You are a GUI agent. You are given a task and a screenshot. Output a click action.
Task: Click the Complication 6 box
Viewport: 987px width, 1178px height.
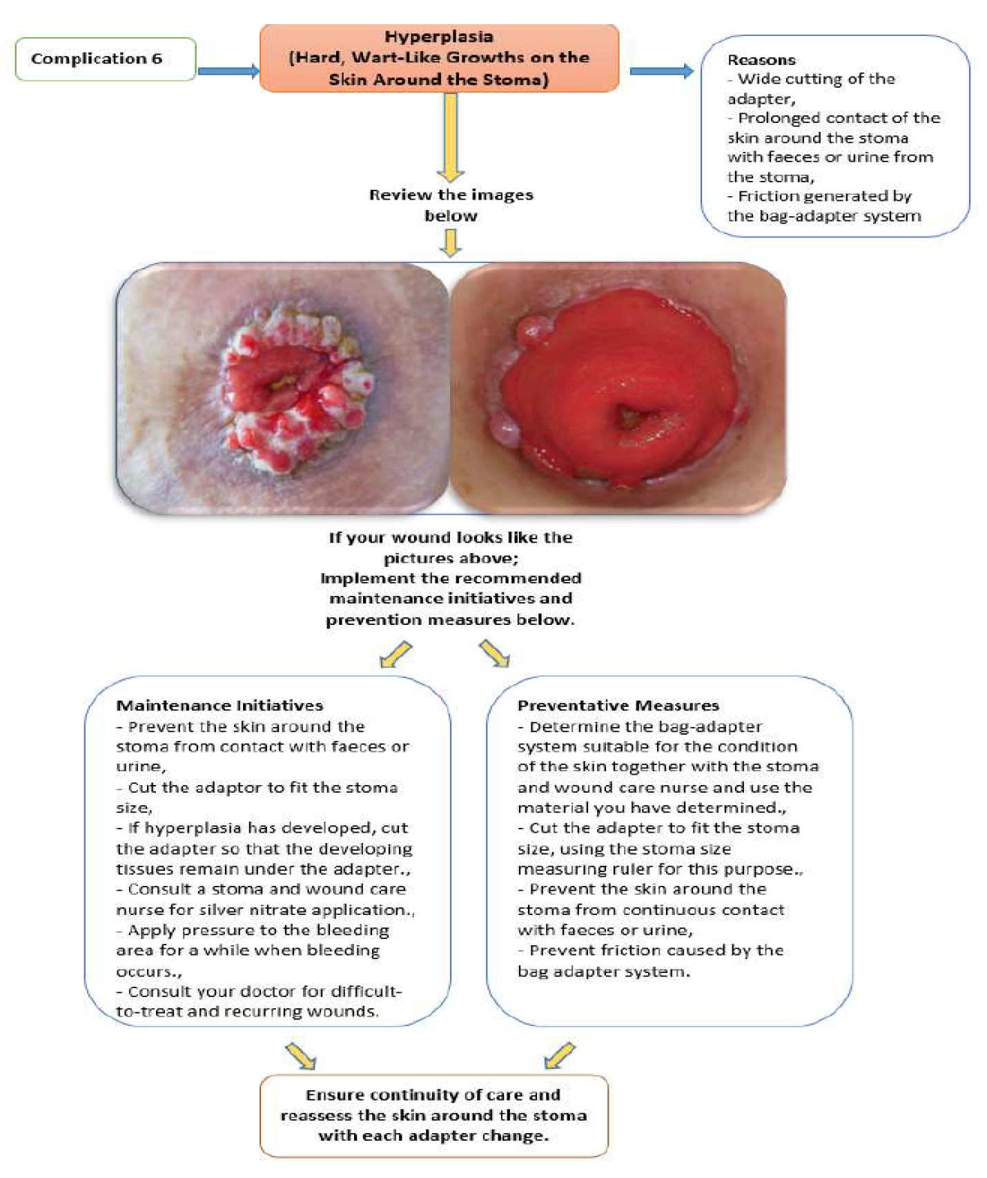click(105, 59)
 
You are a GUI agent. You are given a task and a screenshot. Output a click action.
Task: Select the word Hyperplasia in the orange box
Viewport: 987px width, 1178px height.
click(439, 37)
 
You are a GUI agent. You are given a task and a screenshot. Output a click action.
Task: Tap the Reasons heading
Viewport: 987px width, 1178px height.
click(761, 60)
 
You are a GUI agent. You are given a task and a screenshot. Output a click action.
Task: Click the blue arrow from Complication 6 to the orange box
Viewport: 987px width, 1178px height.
click(228, 70)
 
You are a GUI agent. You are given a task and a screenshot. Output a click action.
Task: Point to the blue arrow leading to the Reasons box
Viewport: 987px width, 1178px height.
click(661, 70)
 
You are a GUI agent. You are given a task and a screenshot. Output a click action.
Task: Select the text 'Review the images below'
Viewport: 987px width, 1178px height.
click(451, 205)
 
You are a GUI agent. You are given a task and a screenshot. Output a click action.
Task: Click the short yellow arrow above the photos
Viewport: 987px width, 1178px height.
click(451, 243)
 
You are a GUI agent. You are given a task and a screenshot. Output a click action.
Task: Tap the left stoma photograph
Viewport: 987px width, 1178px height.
click(282, 388)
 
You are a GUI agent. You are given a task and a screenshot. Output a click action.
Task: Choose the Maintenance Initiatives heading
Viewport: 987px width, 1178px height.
click(219, 706)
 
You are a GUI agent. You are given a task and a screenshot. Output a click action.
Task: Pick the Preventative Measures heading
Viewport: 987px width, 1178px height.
click(618, 706)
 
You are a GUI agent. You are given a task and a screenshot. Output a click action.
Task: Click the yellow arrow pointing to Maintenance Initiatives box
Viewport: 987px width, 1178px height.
click(396, 655)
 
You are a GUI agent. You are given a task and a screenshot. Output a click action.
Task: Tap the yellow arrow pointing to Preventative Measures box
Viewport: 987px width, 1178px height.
click(494, 653)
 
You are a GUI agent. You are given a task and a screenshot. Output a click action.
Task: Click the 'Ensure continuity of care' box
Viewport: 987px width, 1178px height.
click(433, 1115)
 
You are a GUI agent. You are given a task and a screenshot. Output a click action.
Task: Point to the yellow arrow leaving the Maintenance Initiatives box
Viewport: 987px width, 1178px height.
click(301, 1056)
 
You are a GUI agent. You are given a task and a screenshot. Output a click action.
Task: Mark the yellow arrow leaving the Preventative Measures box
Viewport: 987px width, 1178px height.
click(559, 1055)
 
